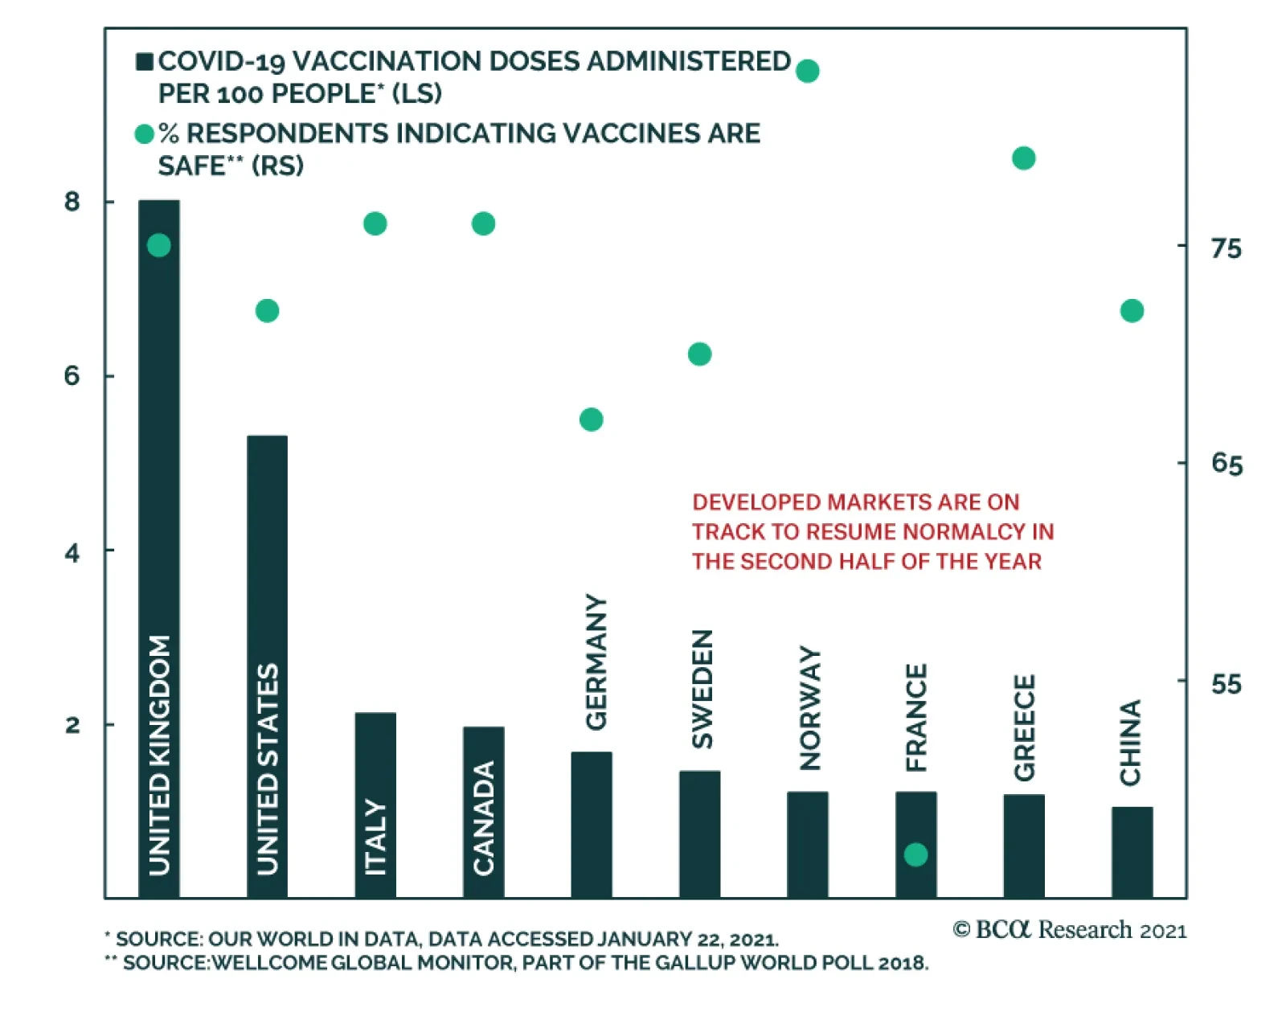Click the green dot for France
click(915, 854)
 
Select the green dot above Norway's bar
click(807, 71)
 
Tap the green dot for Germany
click(591, 420)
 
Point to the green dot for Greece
click(1023, 158)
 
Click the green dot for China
click(1132, 311)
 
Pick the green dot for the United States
click(267, 311)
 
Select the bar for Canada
click(483, 812)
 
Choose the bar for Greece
click(1023, 846)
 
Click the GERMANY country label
click(596, 662)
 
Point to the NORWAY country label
click(810, 707)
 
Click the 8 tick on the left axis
click(72, 201)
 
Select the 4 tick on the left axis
click(72, 552)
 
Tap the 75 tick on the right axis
click(1226, 248)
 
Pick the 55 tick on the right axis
click(1226, 684)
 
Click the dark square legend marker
click(145, 62)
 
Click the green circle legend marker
click(145, 134)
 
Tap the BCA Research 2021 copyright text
click(1069, 930)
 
